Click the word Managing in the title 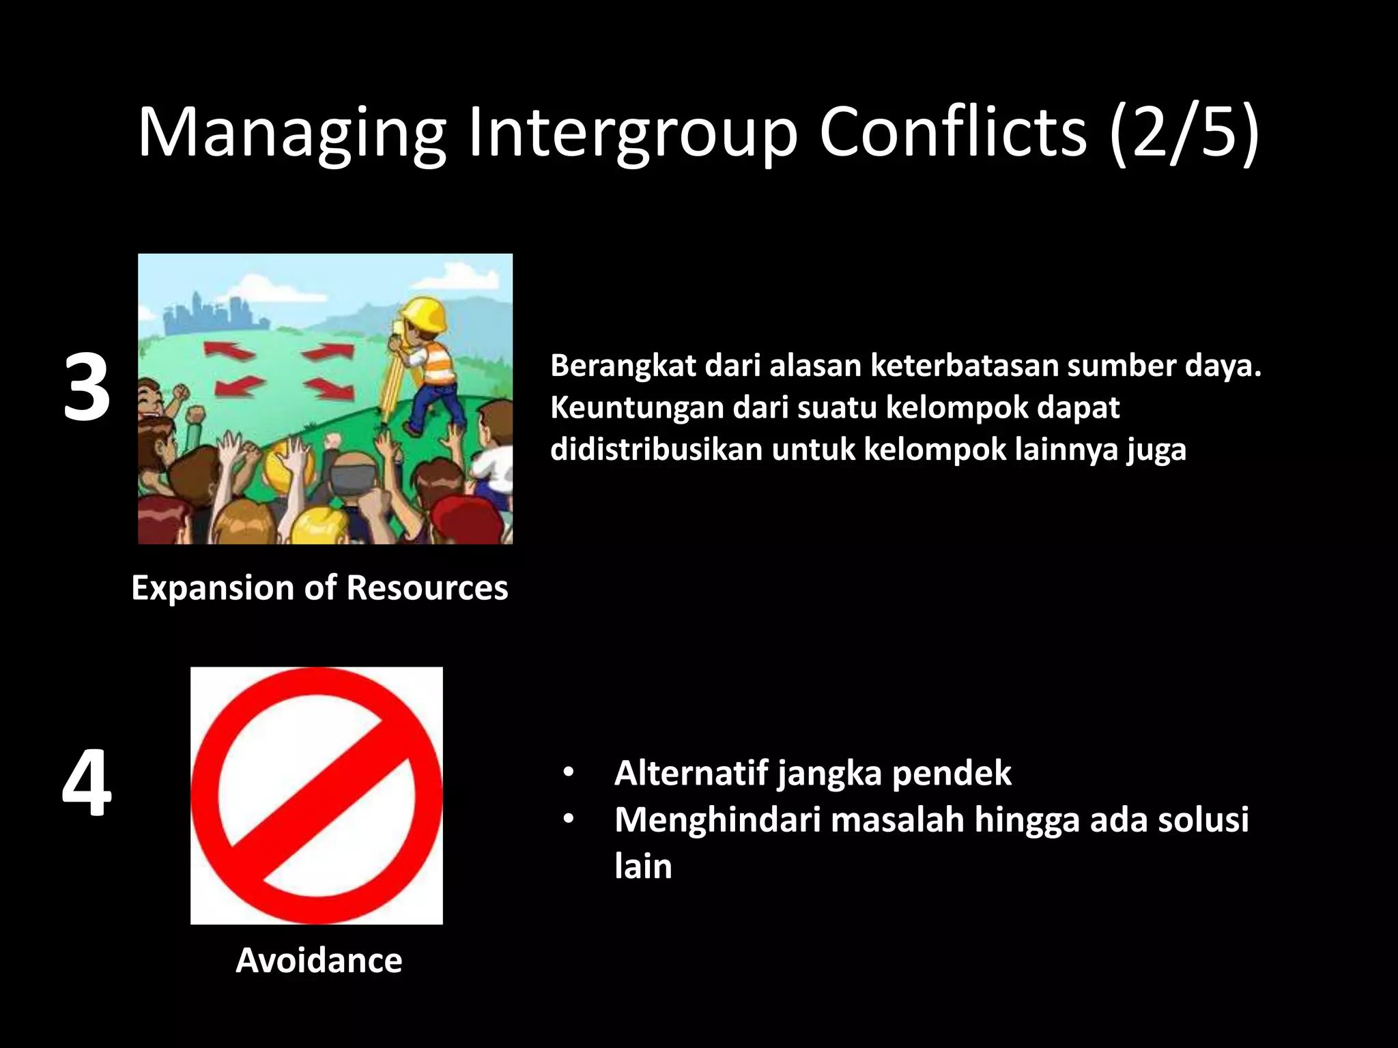pos(291,133)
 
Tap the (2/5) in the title pos(1184,133)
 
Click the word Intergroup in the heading pos(631,133)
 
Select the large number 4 pos(87,783)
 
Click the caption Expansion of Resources pos(319,587)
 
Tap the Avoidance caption pos(319,961)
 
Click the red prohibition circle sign pos(317,796)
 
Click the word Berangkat pos(623,366)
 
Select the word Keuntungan pos(636,408)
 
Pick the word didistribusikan pos(656,450)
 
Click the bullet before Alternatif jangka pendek pos(569,773)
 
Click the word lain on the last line pos(643,866)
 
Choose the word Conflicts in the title pos(952,133)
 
